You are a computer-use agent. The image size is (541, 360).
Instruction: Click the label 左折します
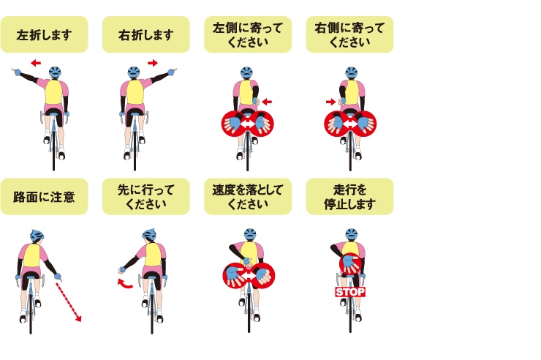point(44,35)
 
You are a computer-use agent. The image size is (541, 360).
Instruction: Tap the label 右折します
point(146,35)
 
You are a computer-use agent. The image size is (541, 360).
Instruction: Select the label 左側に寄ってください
point(248,34)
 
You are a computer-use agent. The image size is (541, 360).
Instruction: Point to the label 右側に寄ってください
point(349,34)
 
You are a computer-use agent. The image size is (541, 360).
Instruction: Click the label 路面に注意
point(44,197)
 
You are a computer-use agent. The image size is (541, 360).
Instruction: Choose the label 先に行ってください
point(146,197)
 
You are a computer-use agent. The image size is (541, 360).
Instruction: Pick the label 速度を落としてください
point(248,197)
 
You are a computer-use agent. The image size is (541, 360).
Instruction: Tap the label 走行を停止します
point(349,197)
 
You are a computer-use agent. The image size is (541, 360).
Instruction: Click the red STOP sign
point(350,292)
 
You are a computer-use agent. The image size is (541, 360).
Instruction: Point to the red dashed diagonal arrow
point(68,301)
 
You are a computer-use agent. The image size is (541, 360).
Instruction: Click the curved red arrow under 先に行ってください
point(124,284)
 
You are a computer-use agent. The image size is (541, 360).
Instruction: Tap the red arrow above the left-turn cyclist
point(36,63)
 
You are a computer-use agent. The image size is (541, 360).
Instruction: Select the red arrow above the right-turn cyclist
point(153,63)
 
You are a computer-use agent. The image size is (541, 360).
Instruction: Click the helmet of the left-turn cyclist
point(55,73)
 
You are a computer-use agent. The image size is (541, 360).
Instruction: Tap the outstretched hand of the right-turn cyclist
point(172,72)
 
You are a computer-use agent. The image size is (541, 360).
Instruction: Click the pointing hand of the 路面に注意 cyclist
point(58,277)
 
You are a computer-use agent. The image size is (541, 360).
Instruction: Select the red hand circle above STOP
point(350,264)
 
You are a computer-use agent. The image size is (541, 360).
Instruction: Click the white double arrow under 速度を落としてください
point(249,275)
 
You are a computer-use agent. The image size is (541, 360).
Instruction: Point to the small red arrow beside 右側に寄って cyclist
point(331,102)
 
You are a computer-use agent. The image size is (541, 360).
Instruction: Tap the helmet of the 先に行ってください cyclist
point(149,235)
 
